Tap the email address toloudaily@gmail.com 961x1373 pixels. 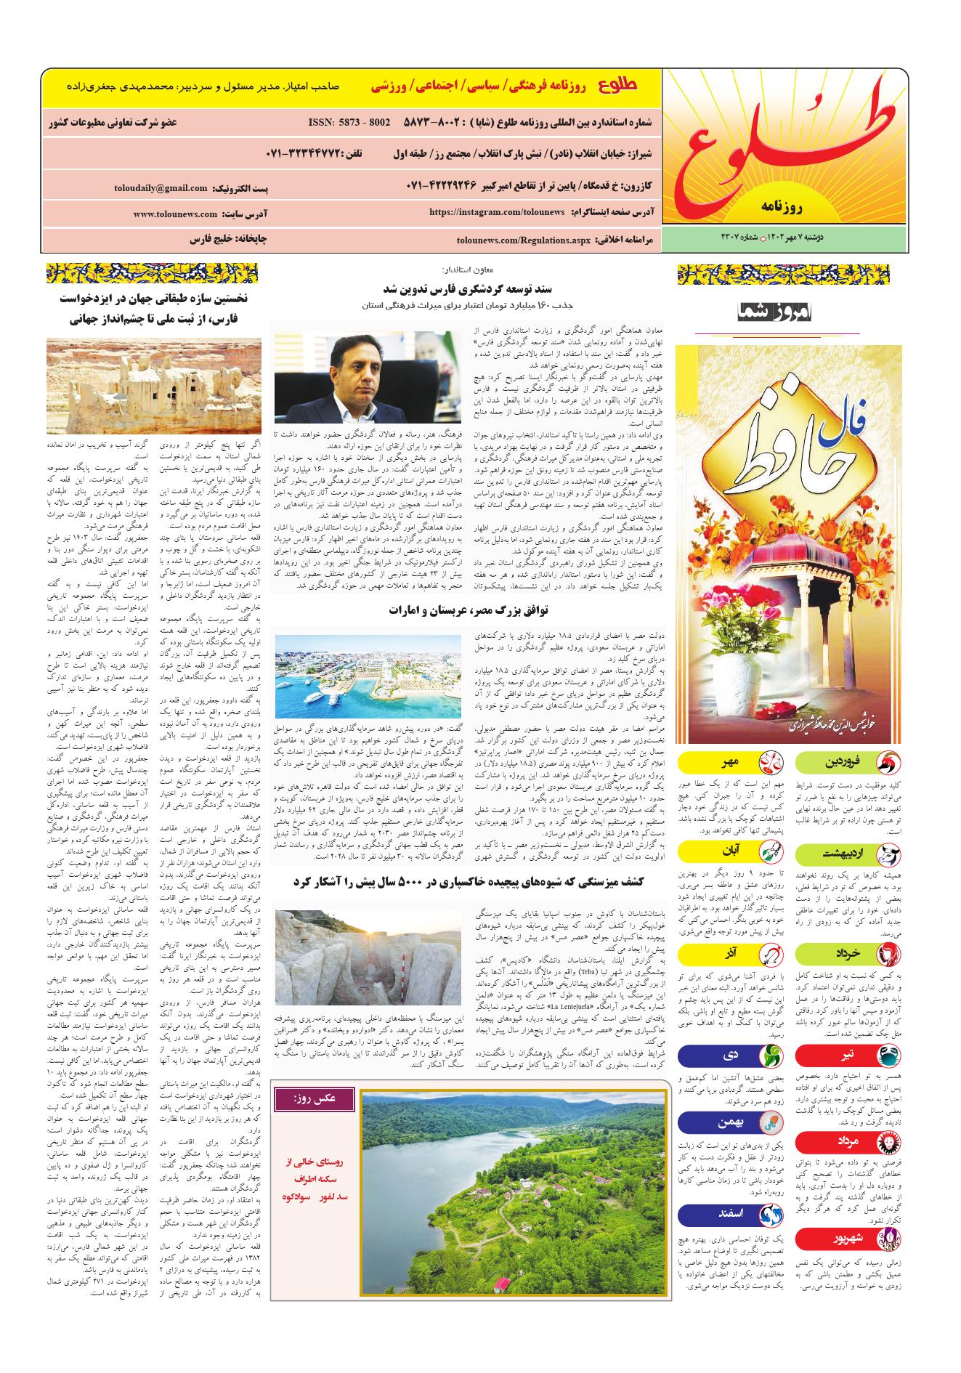coord(161,188)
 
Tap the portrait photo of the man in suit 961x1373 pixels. coord(367,370)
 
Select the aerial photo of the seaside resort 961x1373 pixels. coord(367,677)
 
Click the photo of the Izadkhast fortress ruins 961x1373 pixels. coord(153,386)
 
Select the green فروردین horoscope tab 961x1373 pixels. coord(848,763)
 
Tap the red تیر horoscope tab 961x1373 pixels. coord(848,1055)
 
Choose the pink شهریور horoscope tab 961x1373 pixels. coord(848,1239)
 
